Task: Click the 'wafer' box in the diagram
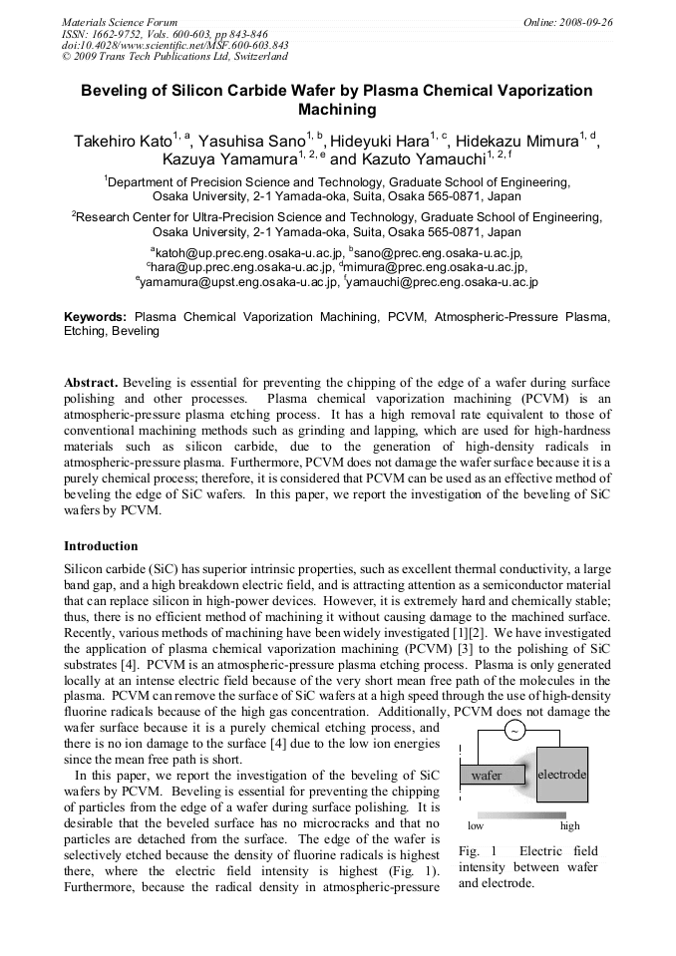coord(488,775)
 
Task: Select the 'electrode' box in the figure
coord(561,773)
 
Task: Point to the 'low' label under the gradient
coord(476,826)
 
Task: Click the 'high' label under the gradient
coord(569,826)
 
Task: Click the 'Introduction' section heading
coord(101,546)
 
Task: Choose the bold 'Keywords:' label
coord(96,316)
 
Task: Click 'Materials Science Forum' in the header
coord(120,22)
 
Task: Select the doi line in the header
coord(175,45)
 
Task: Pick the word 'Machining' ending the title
coord(337,110)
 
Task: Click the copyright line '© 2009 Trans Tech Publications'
coord(174,57)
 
